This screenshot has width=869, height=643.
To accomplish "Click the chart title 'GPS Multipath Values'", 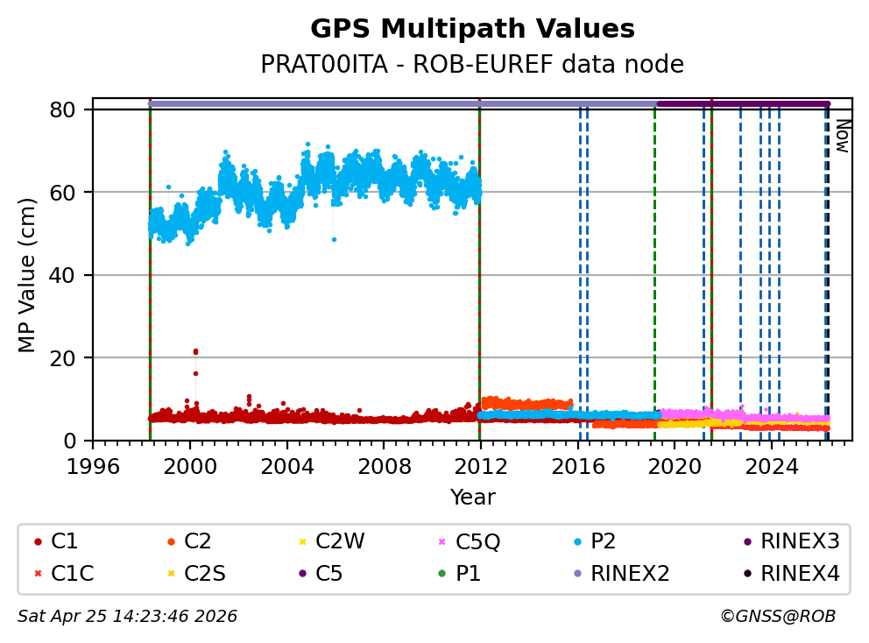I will tap(472, 29).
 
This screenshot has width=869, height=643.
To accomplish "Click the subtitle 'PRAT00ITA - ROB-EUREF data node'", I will tap(472, 65).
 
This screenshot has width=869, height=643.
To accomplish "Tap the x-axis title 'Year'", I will tap(472, 498).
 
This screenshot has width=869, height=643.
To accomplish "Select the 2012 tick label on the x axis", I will tap(480, 465).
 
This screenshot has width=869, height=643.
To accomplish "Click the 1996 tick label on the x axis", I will tap(93, 465).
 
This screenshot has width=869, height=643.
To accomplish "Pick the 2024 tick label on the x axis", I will tap(771, 465).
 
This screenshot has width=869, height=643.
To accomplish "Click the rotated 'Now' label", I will tap(842, 136).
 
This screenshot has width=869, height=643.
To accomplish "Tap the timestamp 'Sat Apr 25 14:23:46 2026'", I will tap(128, 617).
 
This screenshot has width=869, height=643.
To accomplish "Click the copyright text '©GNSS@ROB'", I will tap(778, 617).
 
